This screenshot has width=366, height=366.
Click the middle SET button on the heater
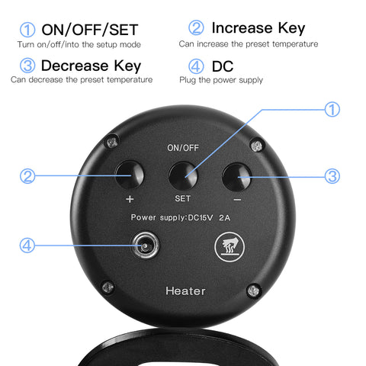(x=183, y=176)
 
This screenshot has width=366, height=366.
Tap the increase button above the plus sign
(x=130, y=175)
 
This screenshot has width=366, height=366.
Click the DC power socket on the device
(x=145, y=246)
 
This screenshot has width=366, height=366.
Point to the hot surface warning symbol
(x=230, y=247)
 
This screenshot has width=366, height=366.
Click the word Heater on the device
(x=185, y=291)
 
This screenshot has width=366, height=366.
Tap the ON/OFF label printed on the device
(x=183, y=148)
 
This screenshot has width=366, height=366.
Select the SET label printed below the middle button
(x=183, y=198)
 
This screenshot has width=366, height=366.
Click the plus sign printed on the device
(x=130, y=199)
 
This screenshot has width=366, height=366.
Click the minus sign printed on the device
(x=237, y=200)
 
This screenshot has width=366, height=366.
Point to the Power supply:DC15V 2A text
(x=181, y=217)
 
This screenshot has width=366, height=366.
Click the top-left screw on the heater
(x=112, y=143)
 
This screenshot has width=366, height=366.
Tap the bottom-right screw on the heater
(x=254, y=291)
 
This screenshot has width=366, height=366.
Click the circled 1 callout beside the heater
(x=332, y=109)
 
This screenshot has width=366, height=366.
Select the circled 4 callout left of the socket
(x=27, y=246)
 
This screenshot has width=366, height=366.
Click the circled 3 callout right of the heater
(x=332, y=176)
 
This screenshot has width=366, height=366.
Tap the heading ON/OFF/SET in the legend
(x=90, y=30)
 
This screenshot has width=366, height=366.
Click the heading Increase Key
(x=258, y=28)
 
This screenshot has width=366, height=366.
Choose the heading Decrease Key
(x=91, y=66)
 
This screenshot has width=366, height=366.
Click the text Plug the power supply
(x=221, y=80)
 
